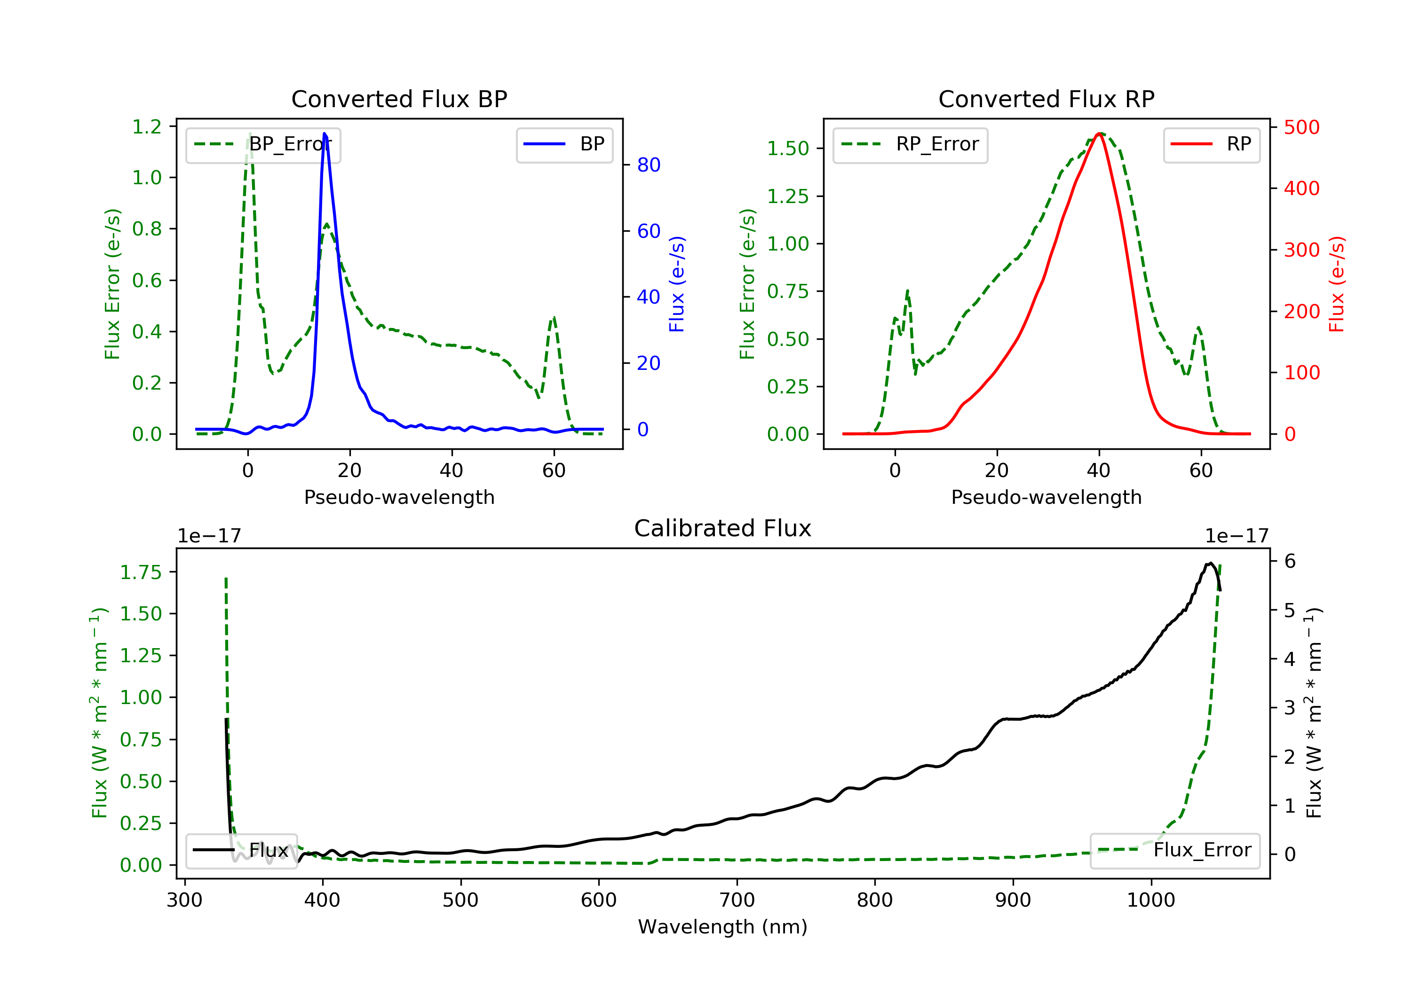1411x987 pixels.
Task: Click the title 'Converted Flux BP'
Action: (x=399, y=99)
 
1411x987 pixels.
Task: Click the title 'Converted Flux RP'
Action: (x=1046, y=99)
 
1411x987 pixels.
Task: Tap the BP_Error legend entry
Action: (x=262, y=144)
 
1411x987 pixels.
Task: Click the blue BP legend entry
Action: (x=564, y=144)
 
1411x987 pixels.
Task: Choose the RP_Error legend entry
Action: (x=910, y=144)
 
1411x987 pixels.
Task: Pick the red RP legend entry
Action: (x=1211, y=144)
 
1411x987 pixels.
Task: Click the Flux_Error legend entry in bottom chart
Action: (x=1174, y=850)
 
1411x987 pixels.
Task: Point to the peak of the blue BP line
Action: (x=325, y=133)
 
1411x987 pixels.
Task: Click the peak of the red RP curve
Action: (x=1099, y=133)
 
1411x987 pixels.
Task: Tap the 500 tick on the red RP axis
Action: (x=1301, y=128)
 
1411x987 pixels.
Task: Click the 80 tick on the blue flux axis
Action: (x=648, y=164)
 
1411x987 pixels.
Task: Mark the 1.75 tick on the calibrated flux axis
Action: (x=141, y=572)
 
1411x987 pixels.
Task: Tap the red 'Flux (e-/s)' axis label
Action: (x=1337, y=284)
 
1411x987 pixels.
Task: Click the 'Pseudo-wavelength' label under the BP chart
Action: (x=399, y=497)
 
